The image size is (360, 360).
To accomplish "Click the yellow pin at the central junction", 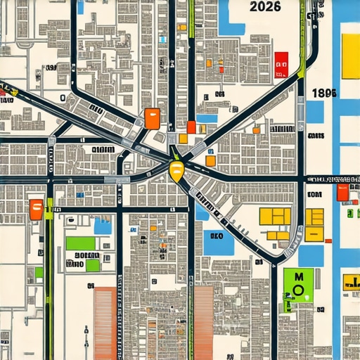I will tap(176, 168).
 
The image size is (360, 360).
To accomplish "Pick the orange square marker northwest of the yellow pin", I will tap(152, 118).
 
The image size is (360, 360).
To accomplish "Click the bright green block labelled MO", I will tap(298, 284).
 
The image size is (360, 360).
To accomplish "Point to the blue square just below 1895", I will tap(314, 112).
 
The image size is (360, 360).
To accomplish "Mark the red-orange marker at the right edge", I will tap(342, 192).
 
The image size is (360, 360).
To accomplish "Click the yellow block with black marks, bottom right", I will tap(350, 282).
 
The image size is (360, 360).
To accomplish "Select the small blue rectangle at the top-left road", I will tap(80, 7).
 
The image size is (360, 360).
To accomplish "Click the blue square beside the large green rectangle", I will tap(103, 226).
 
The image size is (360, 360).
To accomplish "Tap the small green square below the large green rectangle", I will tap(92, 265).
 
